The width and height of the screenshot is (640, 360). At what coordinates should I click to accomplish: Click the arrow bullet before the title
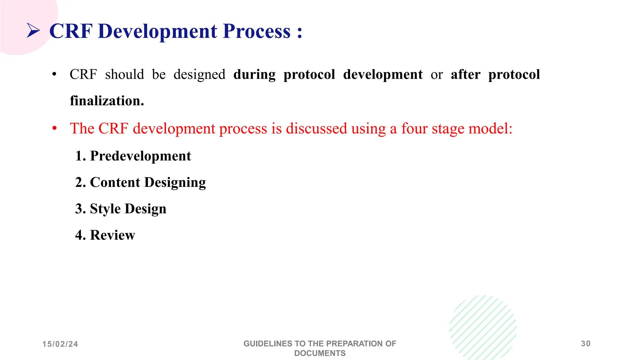point(33,31)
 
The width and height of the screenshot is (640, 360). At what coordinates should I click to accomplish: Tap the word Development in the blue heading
point(157,31)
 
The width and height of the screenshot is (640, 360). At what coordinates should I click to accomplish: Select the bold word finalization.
point(107,101)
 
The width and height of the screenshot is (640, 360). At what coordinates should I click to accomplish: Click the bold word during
point(254,75)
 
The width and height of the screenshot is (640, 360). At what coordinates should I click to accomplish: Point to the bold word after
point(465,75)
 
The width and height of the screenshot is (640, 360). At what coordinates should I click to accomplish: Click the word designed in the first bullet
point(199,75)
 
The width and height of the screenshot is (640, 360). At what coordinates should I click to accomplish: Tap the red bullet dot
point(55,128)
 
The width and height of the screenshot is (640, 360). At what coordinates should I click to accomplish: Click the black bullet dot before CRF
point(54,75)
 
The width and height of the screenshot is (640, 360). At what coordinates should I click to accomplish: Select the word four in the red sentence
point(414,128)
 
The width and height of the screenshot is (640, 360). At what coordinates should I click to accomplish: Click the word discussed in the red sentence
point(316,128)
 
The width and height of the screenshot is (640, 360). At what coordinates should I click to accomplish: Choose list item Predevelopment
point(140,156)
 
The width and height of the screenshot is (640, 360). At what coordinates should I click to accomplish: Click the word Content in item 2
point(115,182)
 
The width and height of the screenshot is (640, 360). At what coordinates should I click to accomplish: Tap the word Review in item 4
point(112,235)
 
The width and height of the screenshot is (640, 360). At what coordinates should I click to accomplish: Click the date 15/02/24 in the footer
point(60,344)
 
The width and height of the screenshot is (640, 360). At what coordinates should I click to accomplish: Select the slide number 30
point(586,344)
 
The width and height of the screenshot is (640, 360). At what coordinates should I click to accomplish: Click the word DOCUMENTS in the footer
point(320,353)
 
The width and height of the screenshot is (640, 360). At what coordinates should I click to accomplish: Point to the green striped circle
point(483,327)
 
